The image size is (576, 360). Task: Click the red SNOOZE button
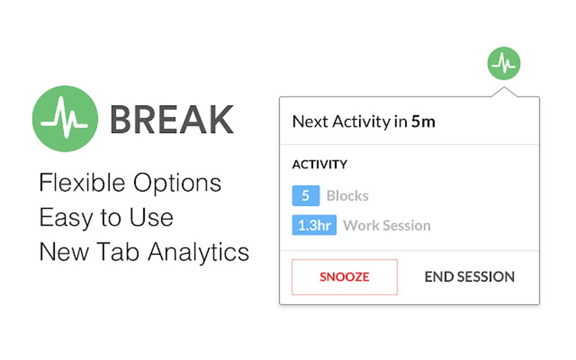(344, 277)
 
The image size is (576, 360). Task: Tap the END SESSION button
(469, 277)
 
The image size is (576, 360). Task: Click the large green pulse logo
(65, 118)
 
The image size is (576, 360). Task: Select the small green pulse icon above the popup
(503, 63)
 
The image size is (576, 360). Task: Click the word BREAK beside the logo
(171, 119)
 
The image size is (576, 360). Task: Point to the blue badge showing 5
(306, 196)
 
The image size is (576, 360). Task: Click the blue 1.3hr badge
(314, 226)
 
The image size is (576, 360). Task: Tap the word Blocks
(347, 196)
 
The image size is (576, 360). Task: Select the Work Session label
(387, 226)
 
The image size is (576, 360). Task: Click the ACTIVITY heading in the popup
(320, 165)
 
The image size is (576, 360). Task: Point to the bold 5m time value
(423, 121)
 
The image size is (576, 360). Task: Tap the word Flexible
(82, 183)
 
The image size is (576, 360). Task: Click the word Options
(177, 183)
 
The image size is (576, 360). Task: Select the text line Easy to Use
(106, 217)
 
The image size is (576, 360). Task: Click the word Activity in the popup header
(361, 121)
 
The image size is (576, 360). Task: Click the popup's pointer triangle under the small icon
(503, 93)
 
